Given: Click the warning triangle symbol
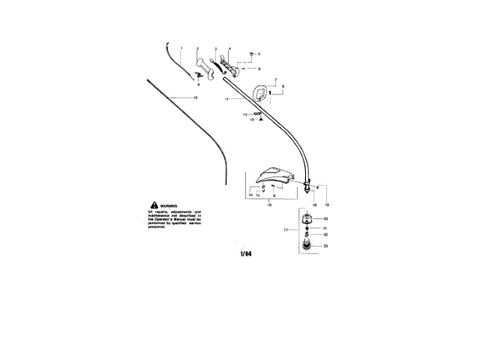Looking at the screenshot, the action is (x=154, y=205).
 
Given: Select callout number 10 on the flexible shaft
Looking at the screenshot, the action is (x=196, y=98).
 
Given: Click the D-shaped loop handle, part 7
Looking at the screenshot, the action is (x=262, y=91).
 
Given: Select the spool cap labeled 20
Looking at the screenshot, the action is (x=307, y=219).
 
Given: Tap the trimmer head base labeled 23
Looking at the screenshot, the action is (x=306, y=246).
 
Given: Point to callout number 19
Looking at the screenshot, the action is (x=326, y=204).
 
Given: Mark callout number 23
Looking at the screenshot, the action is (x=325, y=246).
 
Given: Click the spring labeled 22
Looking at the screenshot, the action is (x=306, y=235).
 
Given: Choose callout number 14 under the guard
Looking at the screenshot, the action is (x=250, y=195).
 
